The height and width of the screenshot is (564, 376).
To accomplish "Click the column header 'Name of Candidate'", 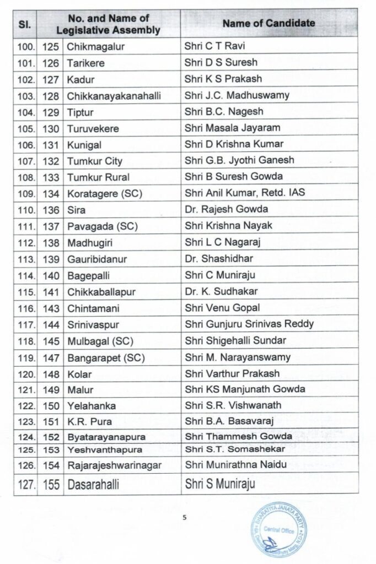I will [x=269, y=24].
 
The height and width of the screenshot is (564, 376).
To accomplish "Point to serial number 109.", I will [x=25, y=193].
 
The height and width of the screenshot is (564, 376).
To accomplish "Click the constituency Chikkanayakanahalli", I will [x=114, y=96].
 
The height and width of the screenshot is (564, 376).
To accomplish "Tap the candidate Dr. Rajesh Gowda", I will [x=219, y=209].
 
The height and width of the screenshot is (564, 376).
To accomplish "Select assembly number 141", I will [x=50, y=291].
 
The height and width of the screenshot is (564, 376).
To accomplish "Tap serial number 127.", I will [x=25, y=486].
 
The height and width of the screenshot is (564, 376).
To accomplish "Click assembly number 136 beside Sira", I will [x=50, y=209].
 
